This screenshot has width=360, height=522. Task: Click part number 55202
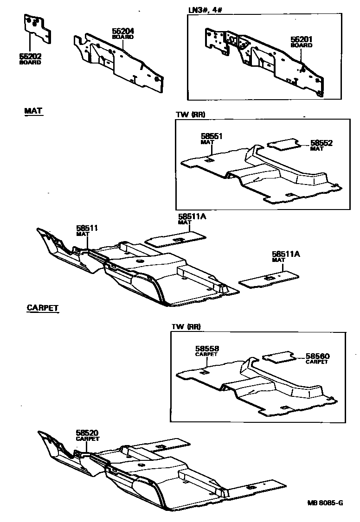[x=30, y=57]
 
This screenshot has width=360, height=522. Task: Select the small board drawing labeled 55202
[x=36, y=28]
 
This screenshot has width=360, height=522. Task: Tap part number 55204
[x=123, y=32]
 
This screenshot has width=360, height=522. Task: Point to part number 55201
[x=302, y=40]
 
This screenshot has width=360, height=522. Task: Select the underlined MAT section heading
[x=33, y=111]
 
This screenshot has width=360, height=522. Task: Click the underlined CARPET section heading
[x=43, y=307]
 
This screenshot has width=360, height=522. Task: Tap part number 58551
[x=212, y=137]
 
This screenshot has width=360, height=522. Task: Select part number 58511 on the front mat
[x=87, y=228]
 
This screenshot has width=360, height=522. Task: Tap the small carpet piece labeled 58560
[x=279, y=357]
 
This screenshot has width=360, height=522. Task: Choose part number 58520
[x=87, y=433]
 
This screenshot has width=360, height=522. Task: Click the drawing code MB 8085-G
[x=324, y=503]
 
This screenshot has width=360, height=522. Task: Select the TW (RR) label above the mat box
[x=188, y=115]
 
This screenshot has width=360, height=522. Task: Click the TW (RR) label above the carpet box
[x=186, y=327]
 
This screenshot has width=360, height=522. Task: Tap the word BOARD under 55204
[x=123, y=37]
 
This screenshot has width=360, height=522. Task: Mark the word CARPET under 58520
[x=88, y=439]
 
